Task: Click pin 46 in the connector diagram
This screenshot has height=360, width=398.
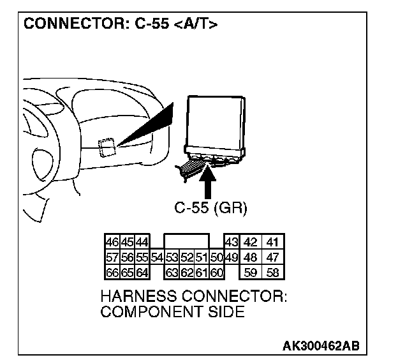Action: point(112,243)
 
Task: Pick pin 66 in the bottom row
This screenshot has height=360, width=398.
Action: point(112,272)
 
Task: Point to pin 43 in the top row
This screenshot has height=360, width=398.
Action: point(231,243)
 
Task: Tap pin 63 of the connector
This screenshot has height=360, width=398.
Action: point(171,272)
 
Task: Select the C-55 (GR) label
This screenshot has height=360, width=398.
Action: point(210,208)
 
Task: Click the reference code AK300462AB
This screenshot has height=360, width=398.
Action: point(321,346)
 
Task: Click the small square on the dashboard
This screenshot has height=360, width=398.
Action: point(107,147)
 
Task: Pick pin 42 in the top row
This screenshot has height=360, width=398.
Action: point(251,243)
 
